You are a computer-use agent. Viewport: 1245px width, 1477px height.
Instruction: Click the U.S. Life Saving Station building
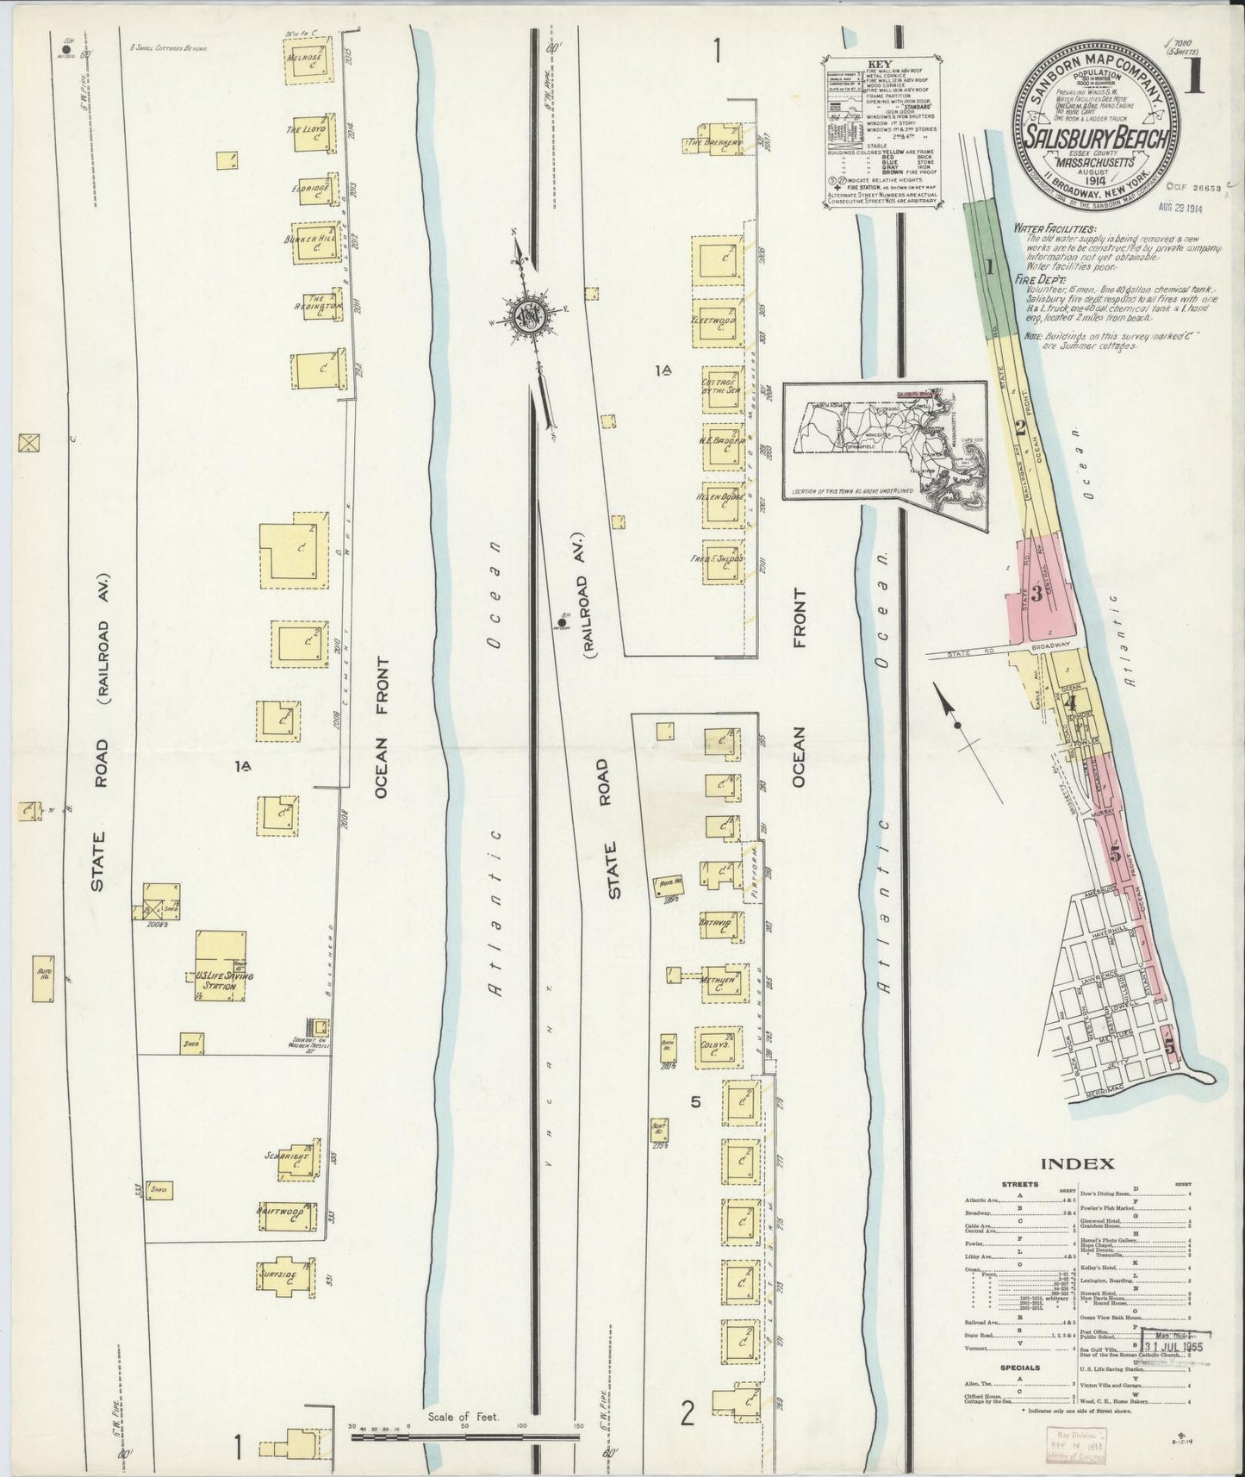click(x=219, y=966)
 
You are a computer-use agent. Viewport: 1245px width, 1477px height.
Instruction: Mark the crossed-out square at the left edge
click(x=30, y=443)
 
